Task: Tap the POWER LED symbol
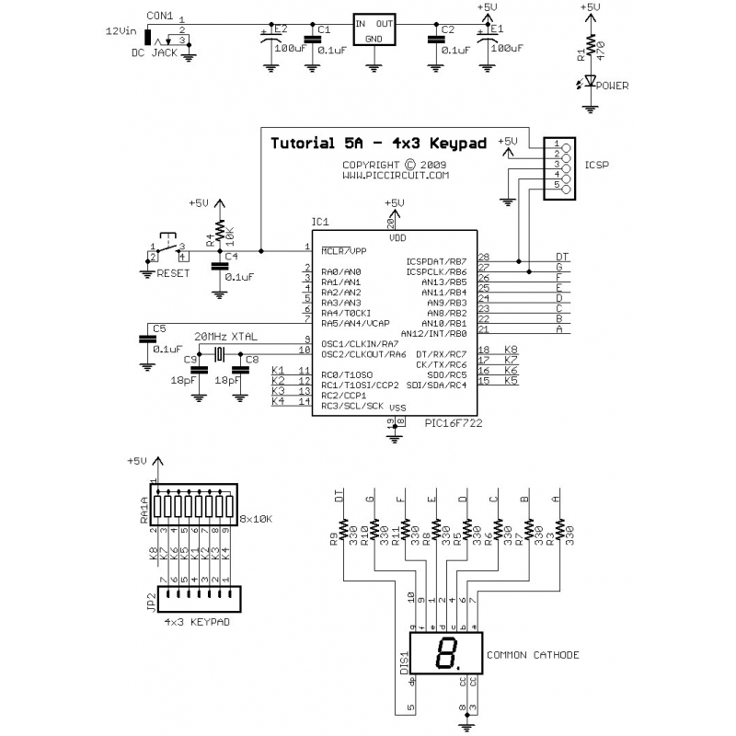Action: [x=590, y=85]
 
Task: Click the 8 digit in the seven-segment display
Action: [x=447, y=654]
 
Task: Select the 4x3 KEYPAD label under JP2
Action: [x=196, y=623]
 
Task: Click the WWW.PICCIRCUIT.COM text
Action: [x=396, y=175]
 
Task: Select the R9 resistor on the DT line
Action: [x=342, y=530]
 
